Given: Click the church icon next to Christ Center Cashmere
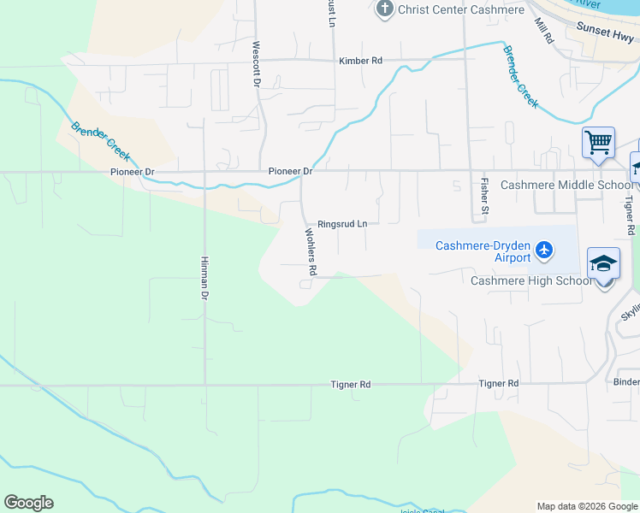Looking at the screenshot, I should pos(384,9).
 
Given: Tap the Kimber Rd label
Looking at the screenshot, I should pos(360,61).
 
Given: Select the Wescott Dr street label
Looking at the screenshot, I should pos(255,64).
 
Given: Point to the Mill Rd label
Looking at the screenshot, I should pos(543,31).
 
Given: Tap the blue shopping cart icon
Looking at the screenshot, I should pos(598,142).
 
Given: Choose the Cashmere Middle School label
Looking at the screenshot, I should pos(566,185).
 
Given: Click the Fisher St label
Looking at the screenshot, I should pos(484,196).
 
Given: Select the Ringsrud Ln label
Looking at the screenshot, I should pos(342,224).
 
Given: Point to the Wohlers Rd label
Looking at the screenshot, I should pos(311,251).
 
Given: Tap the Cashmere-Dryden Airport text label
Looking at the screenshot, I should pos(483,251).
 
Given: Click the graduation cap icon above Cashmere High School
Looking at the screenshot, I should pos(603,263).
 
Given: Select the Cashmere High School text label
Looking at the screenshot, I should pos(530,280).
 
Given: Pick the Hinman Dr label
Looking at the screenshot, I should pos(204,278).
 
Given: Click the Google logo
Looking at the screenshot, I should pos(28,503).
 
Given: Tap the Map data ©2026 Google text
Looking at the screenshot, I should pos(586,507).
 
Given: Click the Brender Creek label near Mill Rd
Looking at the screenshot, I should pos(520,76).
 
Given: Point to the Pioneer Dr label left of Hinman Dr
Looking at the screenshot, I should pos(132,172).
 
